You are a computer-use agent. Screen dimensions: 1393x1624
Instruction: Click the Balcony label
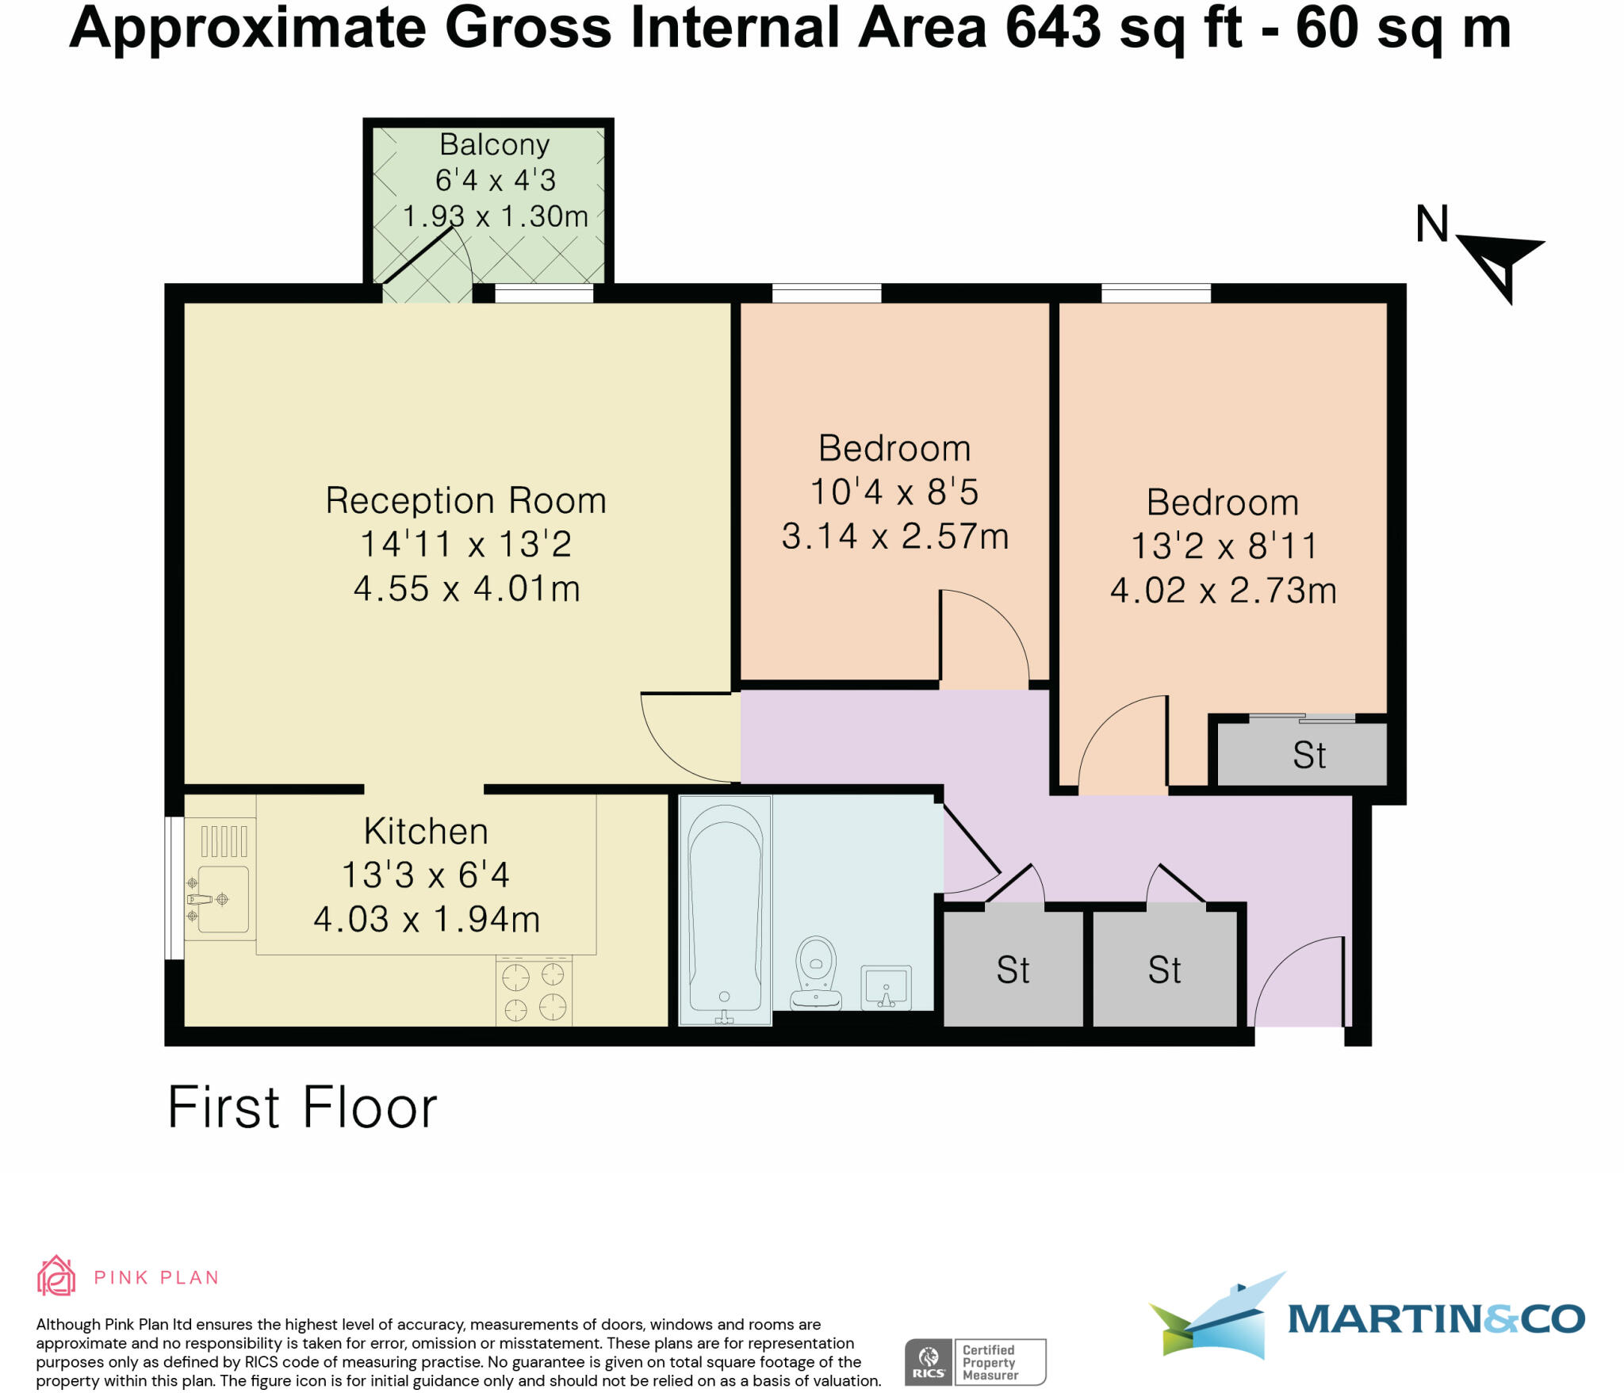[494, 145]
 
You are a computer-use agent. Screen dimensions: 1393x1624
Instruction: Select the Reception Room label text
[465, 501]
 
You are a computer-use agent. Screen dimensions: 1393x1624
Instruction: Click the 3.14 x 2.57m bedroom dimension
[894, 537]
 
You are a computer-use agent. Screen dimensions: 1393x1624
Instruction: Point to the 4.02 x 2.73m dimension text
[1223, 591]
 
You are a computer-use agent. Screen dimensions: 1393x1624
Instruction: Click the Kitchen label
[426, 832]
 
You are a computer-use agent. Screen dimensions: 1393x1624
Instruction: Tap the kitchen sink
[222, 899]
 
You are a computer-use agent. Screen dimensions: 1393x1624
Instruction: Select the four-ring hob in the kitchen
[534, 992]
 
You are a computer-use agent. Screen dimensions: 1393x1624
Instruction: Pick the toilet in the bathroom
[816, 974]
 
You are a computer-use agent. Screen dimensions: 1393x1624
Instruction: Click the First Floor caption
[302, 1108]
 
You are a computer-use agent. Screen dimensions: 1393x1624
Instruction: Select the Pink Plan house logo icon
[56, 1276]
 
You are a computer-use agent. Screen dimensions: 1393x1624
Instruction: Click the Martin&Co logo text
[1435, 1319]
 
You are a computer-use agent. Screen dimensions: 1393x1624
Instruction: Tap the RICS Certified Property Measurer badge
[975, 1362]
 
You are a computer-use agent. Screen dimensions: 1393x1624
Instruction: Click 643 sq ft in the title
[1123, 29]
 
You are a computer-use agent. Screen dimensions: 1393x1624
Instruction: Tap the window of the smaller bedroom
[826, 294]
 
